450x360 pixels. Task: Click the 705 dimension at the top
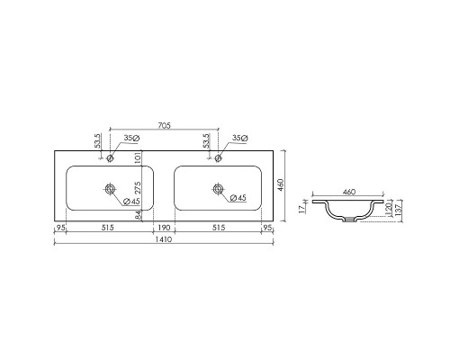162,126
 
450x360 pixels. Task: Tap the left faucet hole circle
110,158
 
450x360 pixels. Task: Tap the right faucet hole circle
216,158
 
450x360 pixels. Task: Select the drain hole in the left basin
110,189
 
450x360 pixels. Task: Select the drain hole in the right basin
216,189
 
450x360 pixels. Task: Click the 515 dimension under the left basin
110,229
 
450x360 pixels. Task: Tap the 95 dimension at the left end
61,229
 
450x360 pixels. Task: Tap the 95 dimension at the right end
266,229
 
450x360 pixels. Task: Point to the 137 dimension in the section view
398,211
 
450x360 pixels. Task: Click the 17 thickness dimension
303,208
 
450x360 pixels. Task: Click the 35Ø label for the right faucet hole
238,138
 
